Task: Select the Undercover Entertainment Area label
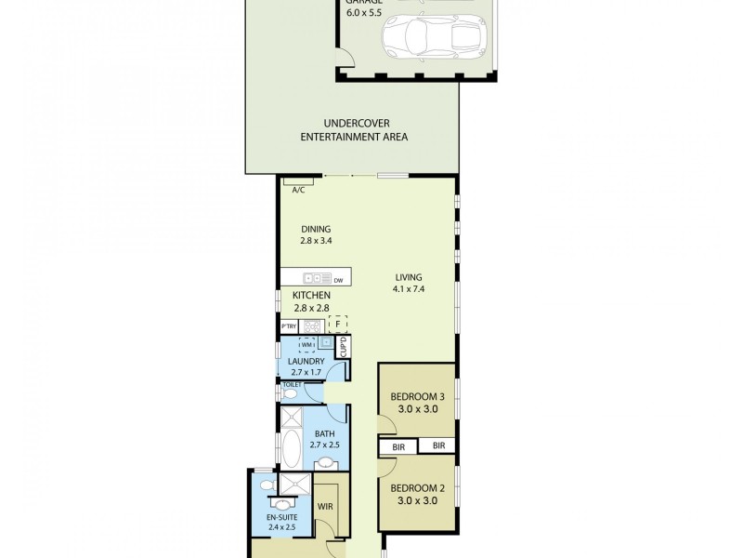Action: [354, 130]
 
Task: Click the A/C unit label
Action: [298, 190]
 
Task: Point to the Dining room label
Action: [315, 229]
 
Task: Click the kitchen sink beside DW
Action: [317, 278]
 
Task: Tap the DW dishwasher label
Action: [339, 280]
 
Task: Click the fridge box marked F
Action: [337, 325]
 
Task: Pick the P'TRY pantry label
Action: [289, 326]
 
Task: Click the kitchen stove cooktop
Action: [311, 325]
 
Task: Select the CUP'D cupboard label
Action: [342, 348]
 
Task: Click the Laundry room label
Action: [306, 361]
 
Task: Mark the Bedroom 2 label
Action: [416, 487]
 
